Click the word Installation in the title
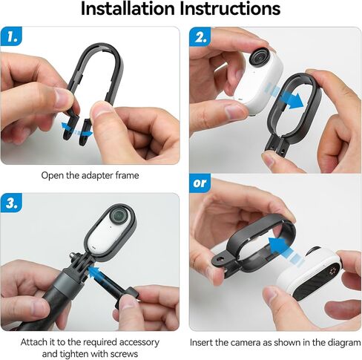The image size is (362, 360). click(128, 9)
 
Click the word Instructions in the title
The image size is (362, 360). click(230, 9)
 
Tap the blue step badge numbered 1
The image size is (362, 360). click(11, 36)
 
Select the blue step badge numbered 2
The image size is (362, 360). click(200, 36)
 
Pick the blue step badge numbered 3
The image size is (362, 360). click(11, 203)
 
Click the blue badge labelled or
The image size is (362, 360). click(200, 183)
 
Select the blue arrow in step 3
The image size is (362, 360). click(102, 277)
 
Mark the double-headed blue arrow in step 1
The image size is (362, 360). click(77, 130)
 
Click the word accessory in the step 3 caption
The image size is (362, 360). click(139, 343)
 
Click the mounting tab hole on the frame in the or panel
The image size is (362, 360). click(219, 260)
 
